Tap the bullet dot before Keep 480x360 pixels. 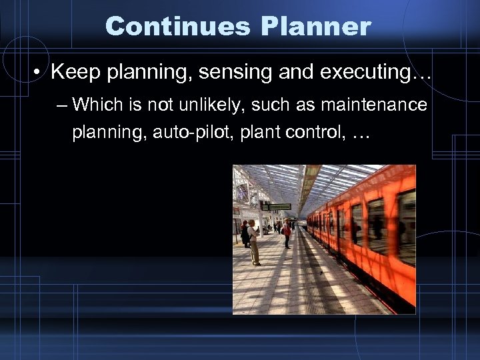coord(39,71)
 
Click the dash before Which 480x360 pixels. coord(63,105)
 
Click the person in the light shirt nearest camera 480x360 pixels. coord(253,241)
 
